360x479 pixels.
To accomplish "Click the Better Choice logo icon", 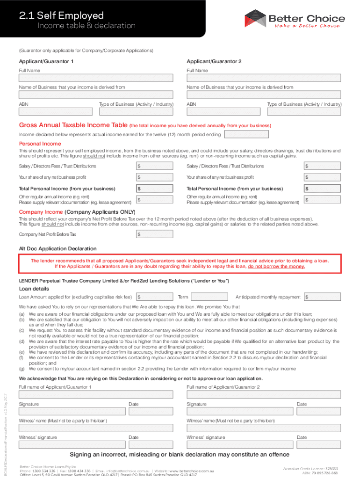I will click(254, 19).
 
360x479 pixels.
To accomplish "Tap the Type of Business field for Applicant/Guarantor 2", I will click(304, 112).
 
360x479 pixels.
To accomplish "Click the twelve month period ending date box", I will click(246, 134).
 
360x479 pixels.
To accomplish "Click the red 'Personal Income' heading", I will click(40, 144).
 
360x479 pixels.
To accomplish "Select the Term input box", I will click(210, 297).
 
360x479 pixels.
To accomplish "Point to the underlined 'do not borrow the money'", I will click(276, 266).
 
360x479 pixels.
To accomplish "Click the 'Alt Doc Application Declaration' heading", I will click(58, 248).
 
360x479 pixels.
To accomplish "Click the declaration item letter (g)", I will click(22, 369).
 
